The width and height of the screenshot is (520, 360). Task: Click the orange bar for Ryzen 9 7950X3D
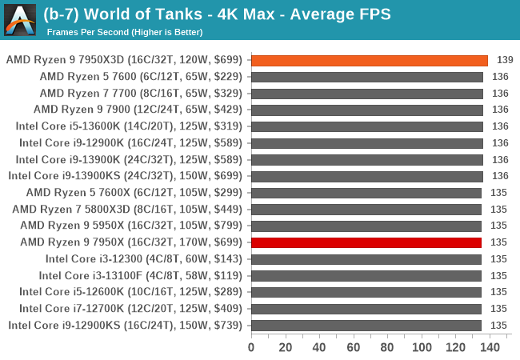pyautogui.click(x=369, y=60)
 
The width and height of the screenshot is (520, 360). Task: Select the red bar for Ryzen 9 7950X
pyautogui.click(x=366, y=242)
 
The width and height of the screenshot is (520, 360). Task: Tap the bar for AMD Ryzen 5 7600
pyautogui.click(x=367, y=77)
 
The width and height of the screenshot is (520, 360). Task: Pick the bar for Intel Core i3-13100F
pyautogui.click(x=366, y=275)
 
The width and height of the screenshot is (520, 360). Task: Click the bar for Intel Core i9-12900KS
pyautogui.click(x=366, y=325)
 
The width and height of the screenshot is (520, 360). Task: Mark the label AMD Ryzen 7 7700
pyautogui.click(x=139, y=94)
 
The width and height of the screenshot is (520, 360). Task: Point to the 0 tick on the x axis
pyautogui.click(x=251, y=347)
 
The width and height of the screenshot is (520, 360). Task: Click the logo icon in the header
pyautogui.click(x=19, y=19)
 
